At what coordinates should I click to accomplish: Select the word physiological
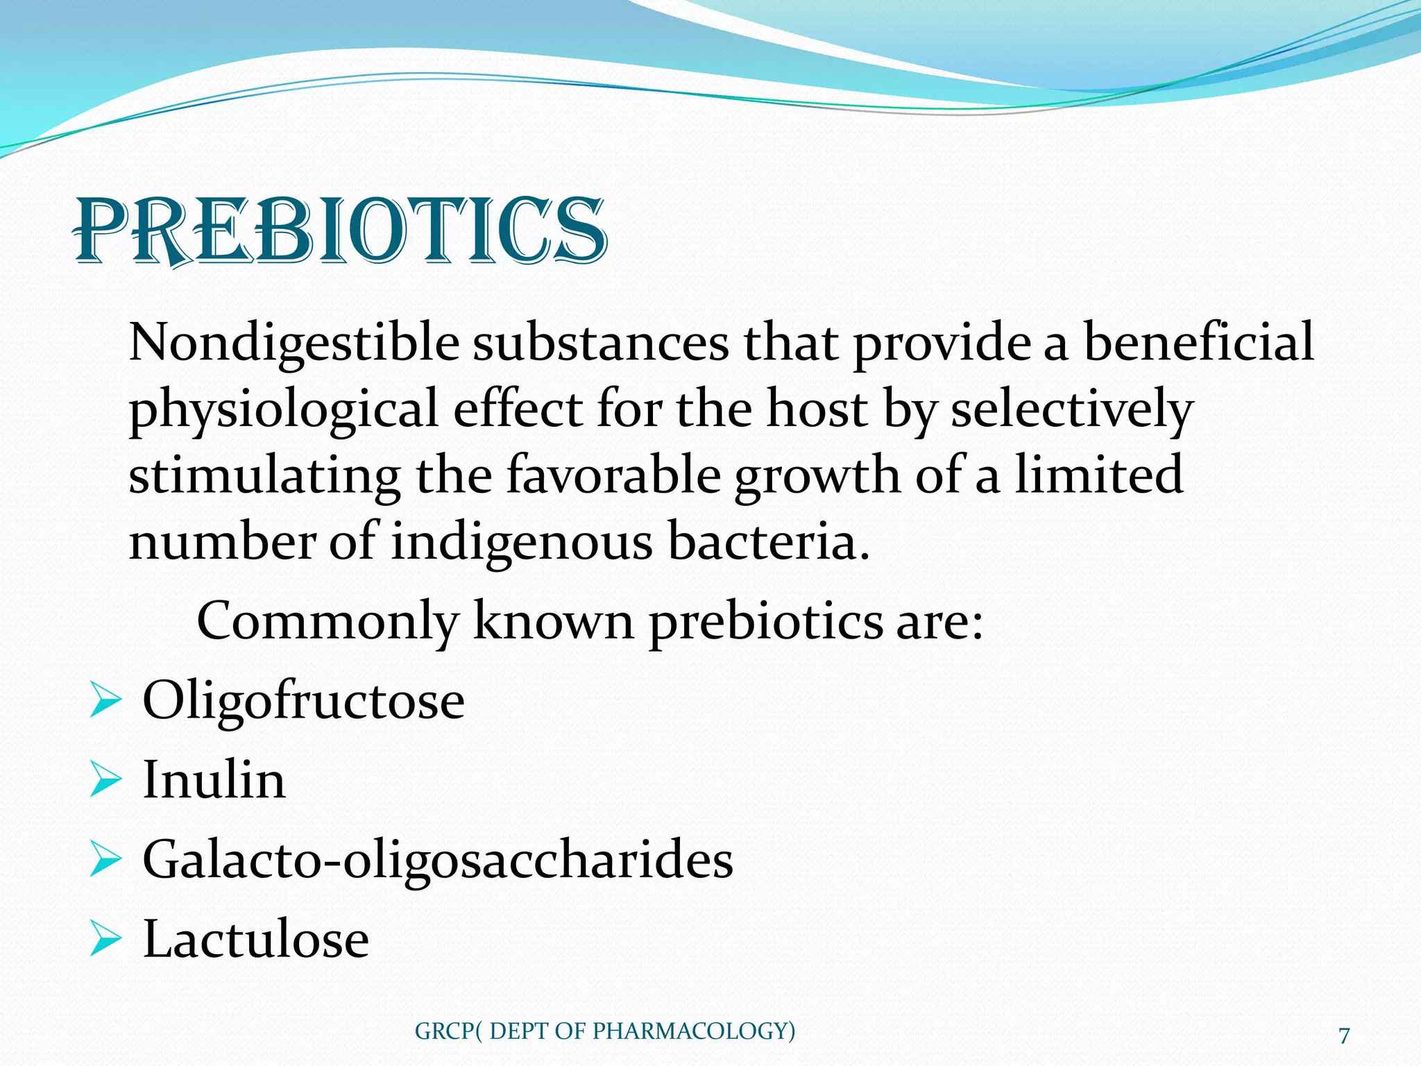(283, 409)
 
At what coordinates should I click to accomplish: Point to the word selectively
(1071, 409)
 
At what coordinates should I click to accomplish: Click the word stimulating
(264, 475)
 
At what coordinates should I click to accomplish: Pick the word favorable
(613, 475)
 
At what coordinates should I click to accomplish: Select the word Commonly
(327, 621)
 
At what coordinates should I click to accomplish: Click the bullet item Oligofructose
(303, 701)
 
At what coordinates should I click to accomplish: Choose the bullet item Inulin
(214, 780)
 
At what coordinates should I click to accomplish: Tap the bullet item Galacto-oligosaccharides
(437, 860)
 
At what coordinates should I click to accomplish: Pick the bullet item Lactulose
(255, 940)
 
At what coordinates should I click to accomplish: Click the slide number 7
(1344, 1035)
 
